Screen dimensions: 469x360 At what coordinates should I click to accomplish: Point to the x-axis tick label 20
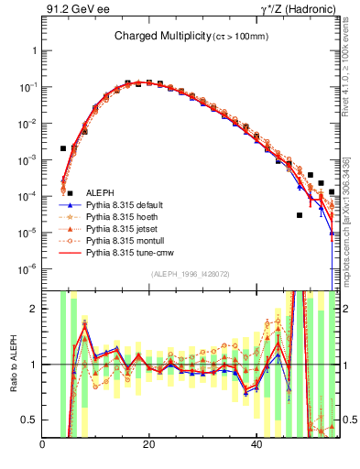149,445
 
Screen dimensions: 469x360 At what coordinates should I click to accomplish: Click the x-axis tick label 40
256,445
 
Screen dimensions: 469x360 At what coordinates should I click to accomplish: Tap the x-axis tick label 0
43,445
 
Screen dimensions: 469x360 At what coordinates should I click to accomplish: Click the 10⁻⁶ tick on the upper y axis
27,268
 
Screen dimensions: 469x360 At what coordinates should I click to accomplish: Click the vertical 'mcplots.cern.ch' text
346,229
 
